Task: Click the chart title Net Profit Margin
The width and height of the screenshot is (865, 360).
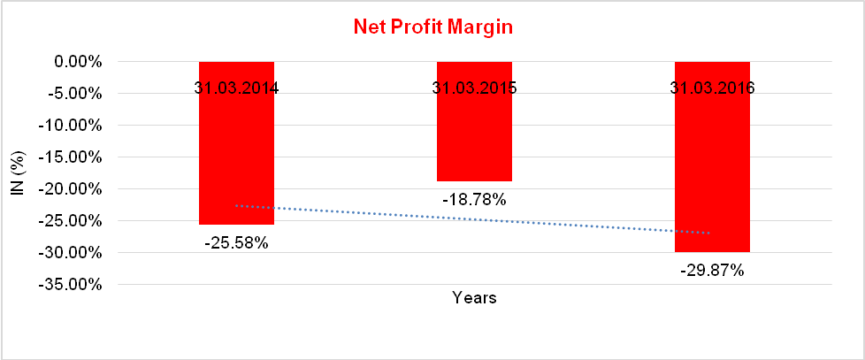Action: tap(433, 27)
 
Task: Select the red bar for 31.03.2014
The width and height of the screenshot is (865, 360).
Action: tap(236, 159)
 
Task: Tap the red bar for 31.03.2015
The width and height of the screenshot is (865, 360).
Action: tap(474, 133)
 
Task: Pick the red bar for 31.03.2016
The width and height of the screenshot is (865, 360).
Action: tap(712, 177)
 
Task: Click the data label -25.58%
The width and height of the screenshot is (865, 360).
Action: tap(236, 240)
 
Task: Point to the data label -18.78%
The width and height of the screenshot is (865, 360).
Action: tap(474, 200)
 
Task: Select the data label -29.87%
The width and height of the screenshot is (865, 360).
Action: tap(712, 271)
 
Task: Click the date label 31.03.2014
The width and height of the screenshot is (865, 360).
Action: tap(236, 88)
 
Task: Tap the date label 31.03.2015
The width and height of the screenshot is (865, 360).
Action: tap(474, 88)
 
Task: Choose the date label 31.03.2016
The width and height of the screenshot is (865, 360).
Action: tap(712, 88)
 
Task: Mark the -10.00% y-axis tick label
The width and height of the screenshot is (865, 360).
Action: tap(73, 126)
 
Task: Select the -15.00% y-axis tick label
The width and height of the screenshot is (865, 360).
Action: tap(73, 157)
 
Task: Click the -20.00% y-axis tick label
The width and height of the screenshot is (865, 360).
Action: tap(73, 189)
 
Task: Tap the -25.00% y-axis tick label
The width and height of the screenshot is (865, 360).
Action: tap(73, 221)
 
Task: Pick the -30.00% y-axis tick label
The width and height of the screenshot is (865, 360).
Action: tap(73, 253)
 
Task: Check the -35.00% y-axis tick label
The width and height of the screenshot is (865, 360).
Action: tap(73, 285)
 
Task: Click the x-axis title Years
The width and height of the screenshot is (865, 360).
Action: tap(474, 298)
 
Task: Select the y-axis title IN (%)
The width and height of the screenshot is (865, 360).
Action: tap(16, 173)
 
